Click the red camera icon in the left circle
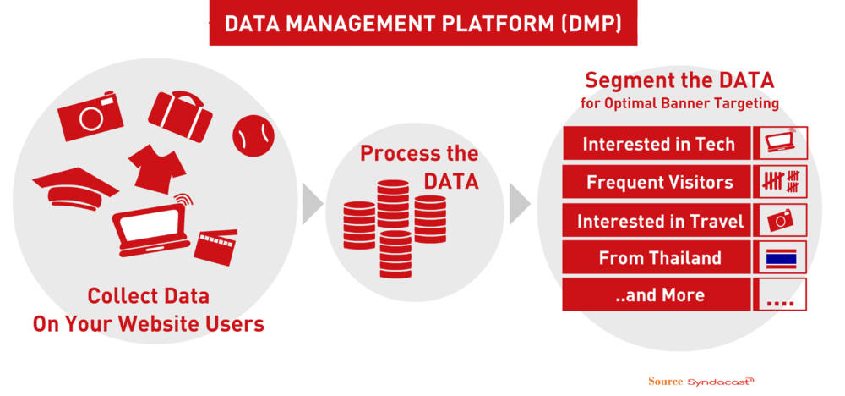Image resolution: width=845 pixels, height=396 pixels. coord(90,116)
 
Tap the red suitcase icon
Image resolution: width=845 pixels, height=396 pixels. coord(179,114)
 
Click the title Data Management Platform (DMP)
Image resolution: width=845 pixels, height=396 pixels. coord(422,24)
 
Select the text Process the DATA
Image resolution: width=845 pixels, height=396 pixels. coord(419,168)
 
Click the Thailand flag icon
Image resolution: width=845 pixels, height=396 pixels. coord(781,258)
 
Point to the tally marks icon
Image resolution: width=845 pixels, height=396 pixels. coord(781,182)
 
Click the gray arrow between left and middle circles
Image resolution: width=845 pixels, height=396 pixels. coord(312,204)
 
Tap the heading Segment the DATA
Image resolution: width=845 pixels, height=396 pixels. coord(679,81)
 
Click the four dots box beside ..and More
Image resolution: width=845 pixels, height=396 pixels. coord(781,295)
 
